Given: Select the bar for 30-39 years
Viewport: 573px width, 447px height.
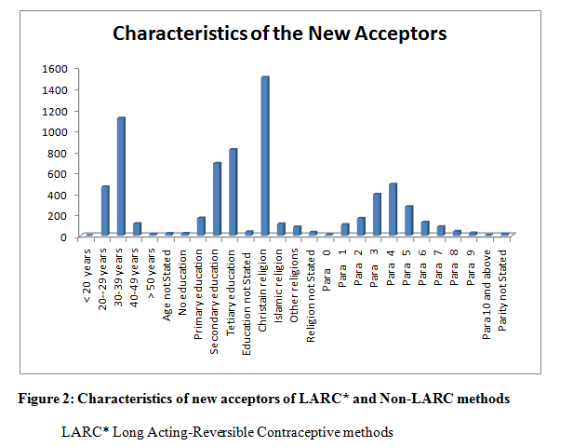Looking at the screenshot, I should pyautogui.click(x=121, y=176).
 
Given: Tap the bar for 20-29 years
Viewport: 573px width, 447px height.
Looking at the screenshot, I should pyautogui.click(x=105, y=210).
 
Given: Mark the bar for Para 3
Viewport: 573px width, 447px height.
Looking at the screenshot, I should pyautogui.click(x=377, y=214).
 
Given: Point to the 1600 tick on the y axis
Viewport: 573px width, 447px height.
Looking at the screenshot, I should pyautogui.click(x=55, y=69).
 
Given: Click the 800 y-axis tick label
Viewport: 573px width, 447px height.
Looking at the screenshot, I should pyautogui.click(x=60, y=153).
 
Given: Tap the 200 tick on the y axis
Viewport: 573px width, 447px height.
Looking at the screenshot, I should pyautogui.click(x=60, y=216).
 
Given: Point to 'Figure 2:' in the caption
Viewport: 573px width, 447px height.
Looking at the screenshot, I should pyautogui.click(x=47, y=400).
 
